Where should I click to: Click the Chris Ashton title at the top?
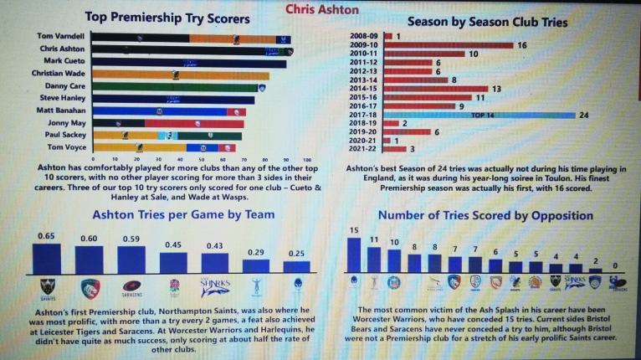click(x=321, y=10)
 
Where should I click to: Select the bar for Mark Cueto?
click(x=188, y=63)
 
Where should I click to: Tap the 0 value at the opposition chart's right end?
click(x=618, y=265)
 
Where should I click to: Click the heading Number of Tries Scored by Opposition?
click(x=485, y=216)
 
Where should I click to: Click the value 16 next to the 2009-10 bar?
click(x=522, y=44)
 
